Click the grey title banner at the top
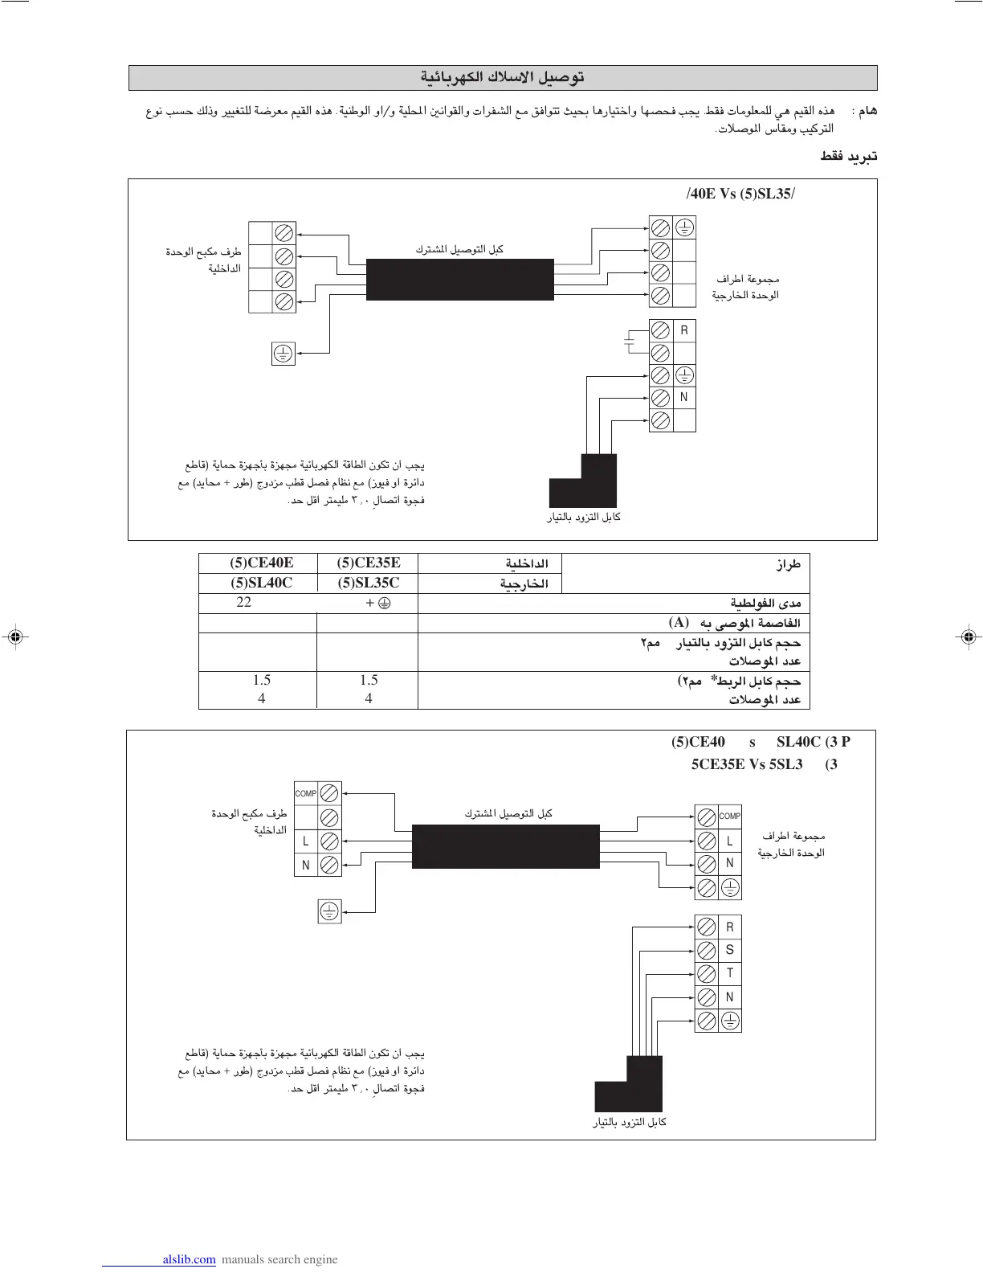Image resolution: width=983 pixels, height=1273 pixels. [x=503, y=78]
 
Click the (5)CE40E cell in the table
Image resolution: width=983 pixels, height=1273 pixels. [x=261, y=563]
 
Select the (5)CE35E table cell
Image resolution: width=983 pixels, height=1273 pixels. [x=369, y=563]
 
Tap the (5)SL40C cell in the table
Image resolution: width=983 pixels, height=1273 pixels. [x=261, y=583]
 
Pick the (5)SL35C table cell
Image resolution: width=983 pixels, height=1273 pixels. [x=369, y=583]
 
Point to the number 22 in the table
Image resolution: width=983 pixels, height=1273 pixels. [x=243, y=602]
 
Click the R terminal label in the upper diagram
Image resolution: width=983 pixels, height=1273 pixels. [x=684, y=330]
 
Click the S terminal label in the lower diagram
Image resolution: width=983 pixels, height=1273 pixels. [x=729, y=950]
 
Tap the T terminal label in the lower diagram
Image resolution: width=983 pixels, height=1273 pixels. [x=729, y=972]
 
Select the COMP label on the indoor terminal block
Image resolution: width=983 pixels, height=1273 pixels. [x=306, y=793]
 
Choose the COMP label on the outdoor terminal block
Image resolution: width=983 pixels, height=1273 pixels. [x=729, y=816]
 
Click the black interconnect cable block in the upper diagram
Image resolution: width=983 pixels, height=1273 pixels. [x=460, y=280]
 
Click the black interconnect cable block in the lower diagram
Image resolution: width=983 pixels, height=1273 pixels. [x=505, y=845]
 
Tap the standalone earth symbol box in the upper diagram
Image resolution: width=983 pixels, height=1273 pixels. [x=283, y=353]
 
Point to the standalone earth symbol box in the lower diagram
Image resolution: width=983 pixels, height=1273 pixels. [x=329, y=911]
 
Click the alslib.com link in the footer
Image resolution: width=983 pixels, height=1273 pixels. [x=189, y=1259]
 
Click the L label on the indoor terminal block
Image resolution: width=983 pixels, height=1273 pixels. [x=306, y=841]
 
